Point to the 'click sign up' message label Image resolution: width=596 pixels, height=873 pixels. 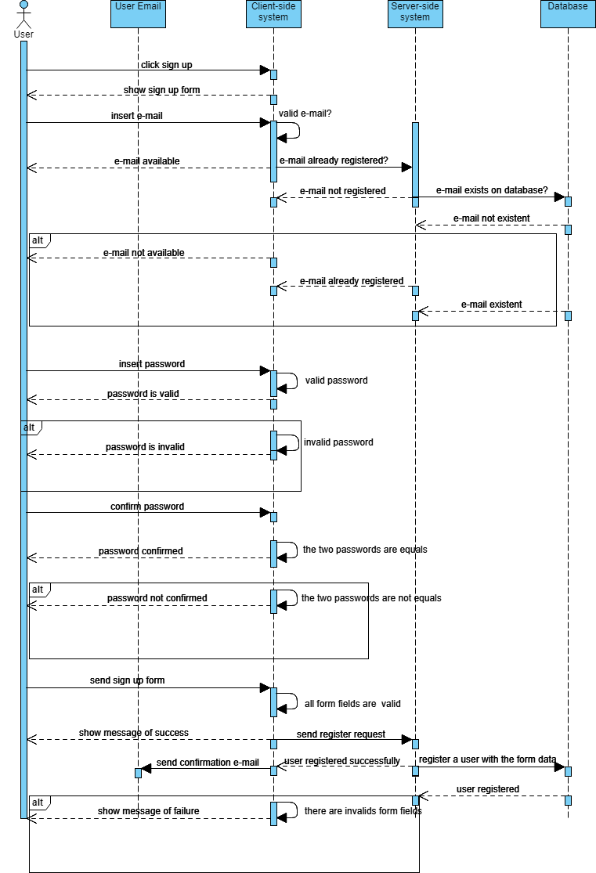(x=166, y=65)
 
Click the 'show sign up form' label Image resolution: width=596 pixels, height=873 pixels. (x=161, y=90)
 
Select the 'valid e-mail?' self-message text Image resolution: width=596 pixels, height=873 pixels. (x=305, y=114)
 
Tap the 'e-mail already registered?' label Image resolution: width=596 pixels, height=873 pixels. (x=334, y=161)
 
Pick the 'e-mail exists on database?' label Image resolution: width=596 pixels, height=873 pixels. (x=492, y=190)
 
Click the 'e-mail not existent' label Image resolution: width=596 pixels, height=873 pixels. (x=491, y=218)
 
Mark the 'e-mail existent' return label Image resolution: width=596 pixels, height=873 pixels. (x=491, y=305)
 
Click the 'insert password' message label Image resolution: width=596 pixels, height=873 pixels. (x=152, y=364)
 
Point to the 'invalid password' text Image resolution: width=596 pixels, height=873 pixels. (x=338, y=442)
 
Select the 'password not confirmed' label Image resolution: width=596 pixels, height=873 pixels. (x=157, y=598)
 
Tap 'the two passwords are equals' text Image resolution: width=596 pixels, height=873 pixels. (x=365, y=550)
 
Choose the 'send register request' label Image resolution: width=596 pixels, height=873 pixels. (x=341, y=734)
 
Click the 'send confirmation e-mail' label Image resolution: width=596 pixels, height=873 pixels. (x=208, y=763)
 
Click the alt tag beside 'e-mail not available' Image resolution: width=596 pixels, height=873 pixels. (x=37, y=240)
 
